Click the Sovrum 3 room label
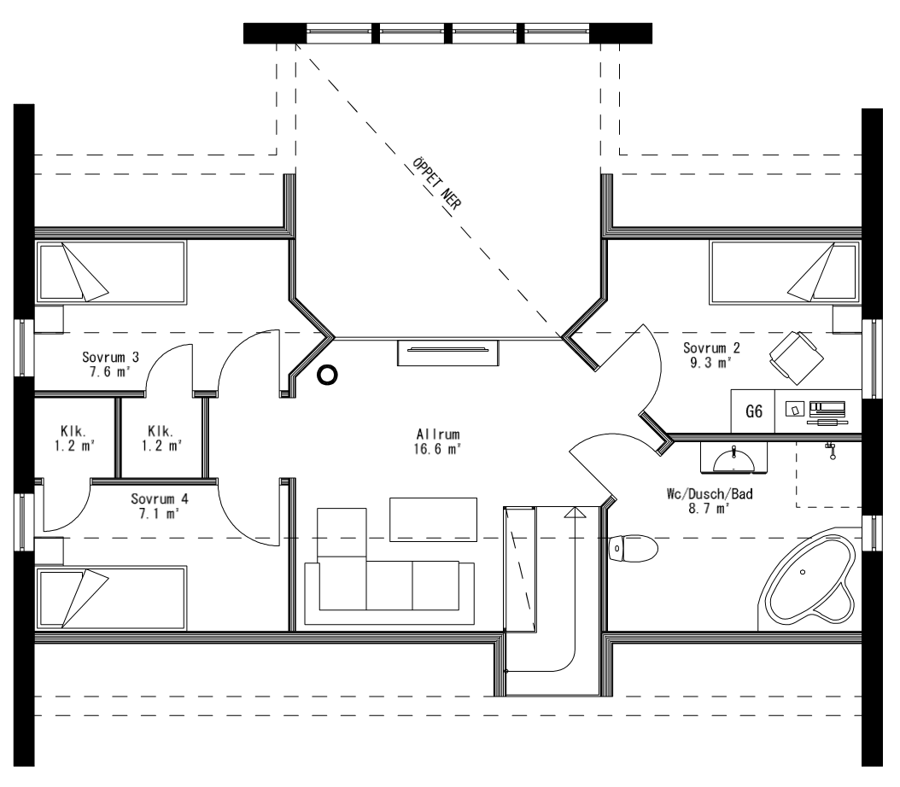[111, 364]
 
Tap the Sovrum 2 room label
[711, 355]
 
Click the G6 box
[753, 411]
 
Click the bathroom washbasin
[735, 459]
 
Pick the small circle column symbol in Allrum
[327, 375]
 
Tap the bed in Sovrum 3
[110, 272]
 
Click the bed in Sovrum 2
[784, 272]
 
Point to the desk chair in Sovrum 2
[793, 353]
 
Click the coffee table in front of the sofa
[433, 519]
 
